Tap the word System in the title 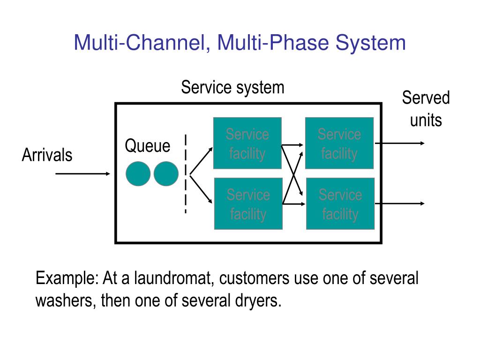[x=370, y=43]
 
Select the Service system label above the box [x=232, y=88]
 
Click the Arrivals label [x=47, y=155]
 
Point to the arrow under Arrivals [x=82, y=173]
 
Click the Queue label [x=148, y=146]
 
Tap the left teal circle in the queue [x=138, y=173]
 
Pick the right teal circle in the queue [x=166, y=173]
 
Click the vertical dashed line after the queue [x=186, y=173]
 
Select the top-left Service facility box [x=247, y=143]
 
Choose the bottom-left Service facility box [x=248, y=203]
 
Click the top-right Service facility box [x=339, y=143]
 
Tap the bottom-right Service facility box [x=340, y=203]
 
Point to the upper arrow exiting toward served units [x=400, y=143]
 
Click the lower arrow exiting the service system [x=400, y=203]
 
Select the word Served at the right [x=426, y=97]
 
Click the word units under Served [x=426, y=120]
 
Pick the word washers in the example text [x=64, y=300]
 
